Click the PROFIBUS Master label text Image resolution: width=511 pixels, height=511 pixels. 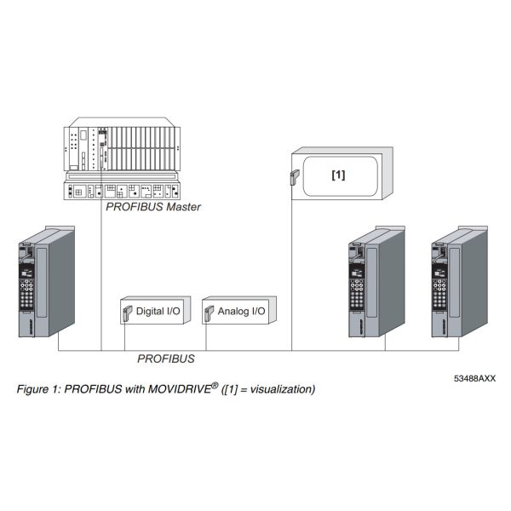[152, 207]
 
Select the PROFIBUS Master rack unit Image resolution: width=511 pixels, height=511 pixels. [122, 162]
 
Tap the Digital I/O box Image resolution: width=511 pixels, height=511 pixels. [150, 313]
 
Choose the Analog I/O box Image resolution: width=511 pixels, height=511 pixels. [235, 313]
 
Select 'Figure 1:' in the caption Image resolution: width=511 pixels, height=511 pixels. [38, 390]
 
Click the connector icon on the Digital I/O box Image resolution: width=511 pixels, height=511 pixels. [124, 313]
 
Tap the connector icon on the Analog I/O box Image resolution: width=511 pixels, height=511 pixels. [208, 313]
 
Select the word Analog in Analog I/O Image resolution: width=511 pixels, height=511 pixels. [232, 313]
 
